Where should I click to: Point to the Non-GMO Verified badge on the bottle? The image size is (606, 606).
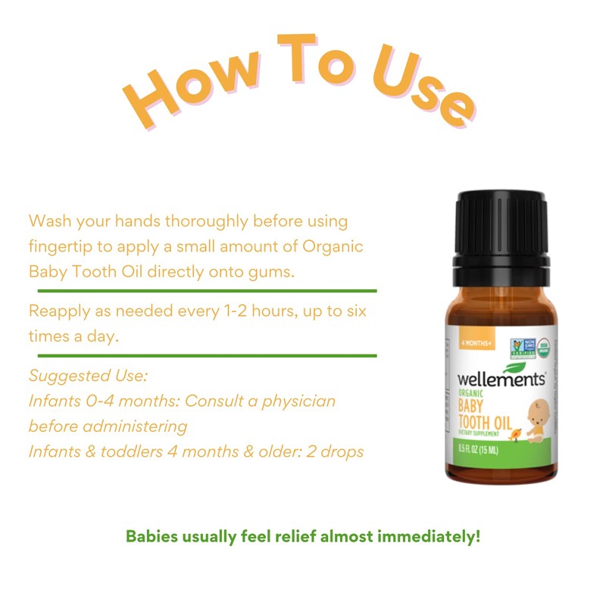521,348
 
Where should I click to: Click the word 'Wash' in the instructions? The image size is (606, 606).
48,222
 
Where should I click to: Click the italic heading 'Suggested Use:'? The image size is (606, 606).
88,376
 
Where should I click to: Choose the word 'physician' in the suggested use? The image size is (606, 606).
298,401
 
